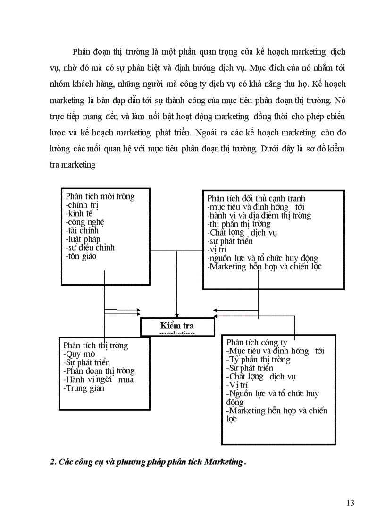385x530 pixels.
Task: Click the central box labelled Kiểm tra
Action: click(x=177, y=326)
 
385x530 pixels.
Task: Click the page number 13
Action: click(x=350, y=503)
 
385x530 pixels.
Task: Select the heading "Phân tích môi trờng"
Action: click(x=100, y=197)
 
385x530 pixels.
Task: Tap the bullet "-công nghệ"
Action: click(x=85, y=222)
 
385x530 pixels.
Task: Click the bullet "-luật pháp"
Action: click(x=83, y=239)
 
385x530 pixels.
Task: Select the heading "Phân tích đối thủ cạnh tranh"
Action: click(x=256, y=199)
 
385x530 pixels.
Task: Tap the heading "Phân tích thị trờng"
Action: click(x=95, y=345)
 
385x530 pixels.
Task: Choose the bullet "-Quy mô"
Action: click(x=79, y=354)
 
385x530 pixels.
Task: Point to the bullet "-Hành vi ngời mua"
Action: click(x=98, y=379)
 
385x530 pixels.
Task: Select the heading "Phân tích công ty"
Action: click(x=257, y=343)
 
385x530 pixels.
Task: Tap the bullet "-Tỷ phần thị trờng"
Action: click(x=258, y=360)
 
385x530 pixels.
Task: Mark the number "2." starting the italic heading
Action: click(x=53, y=462)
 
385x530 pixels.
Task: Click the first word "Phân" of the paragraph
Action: click(x=81, y=51)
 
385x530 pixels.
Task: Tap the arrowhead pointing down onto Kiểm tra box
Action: click(x=176, y=315)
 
